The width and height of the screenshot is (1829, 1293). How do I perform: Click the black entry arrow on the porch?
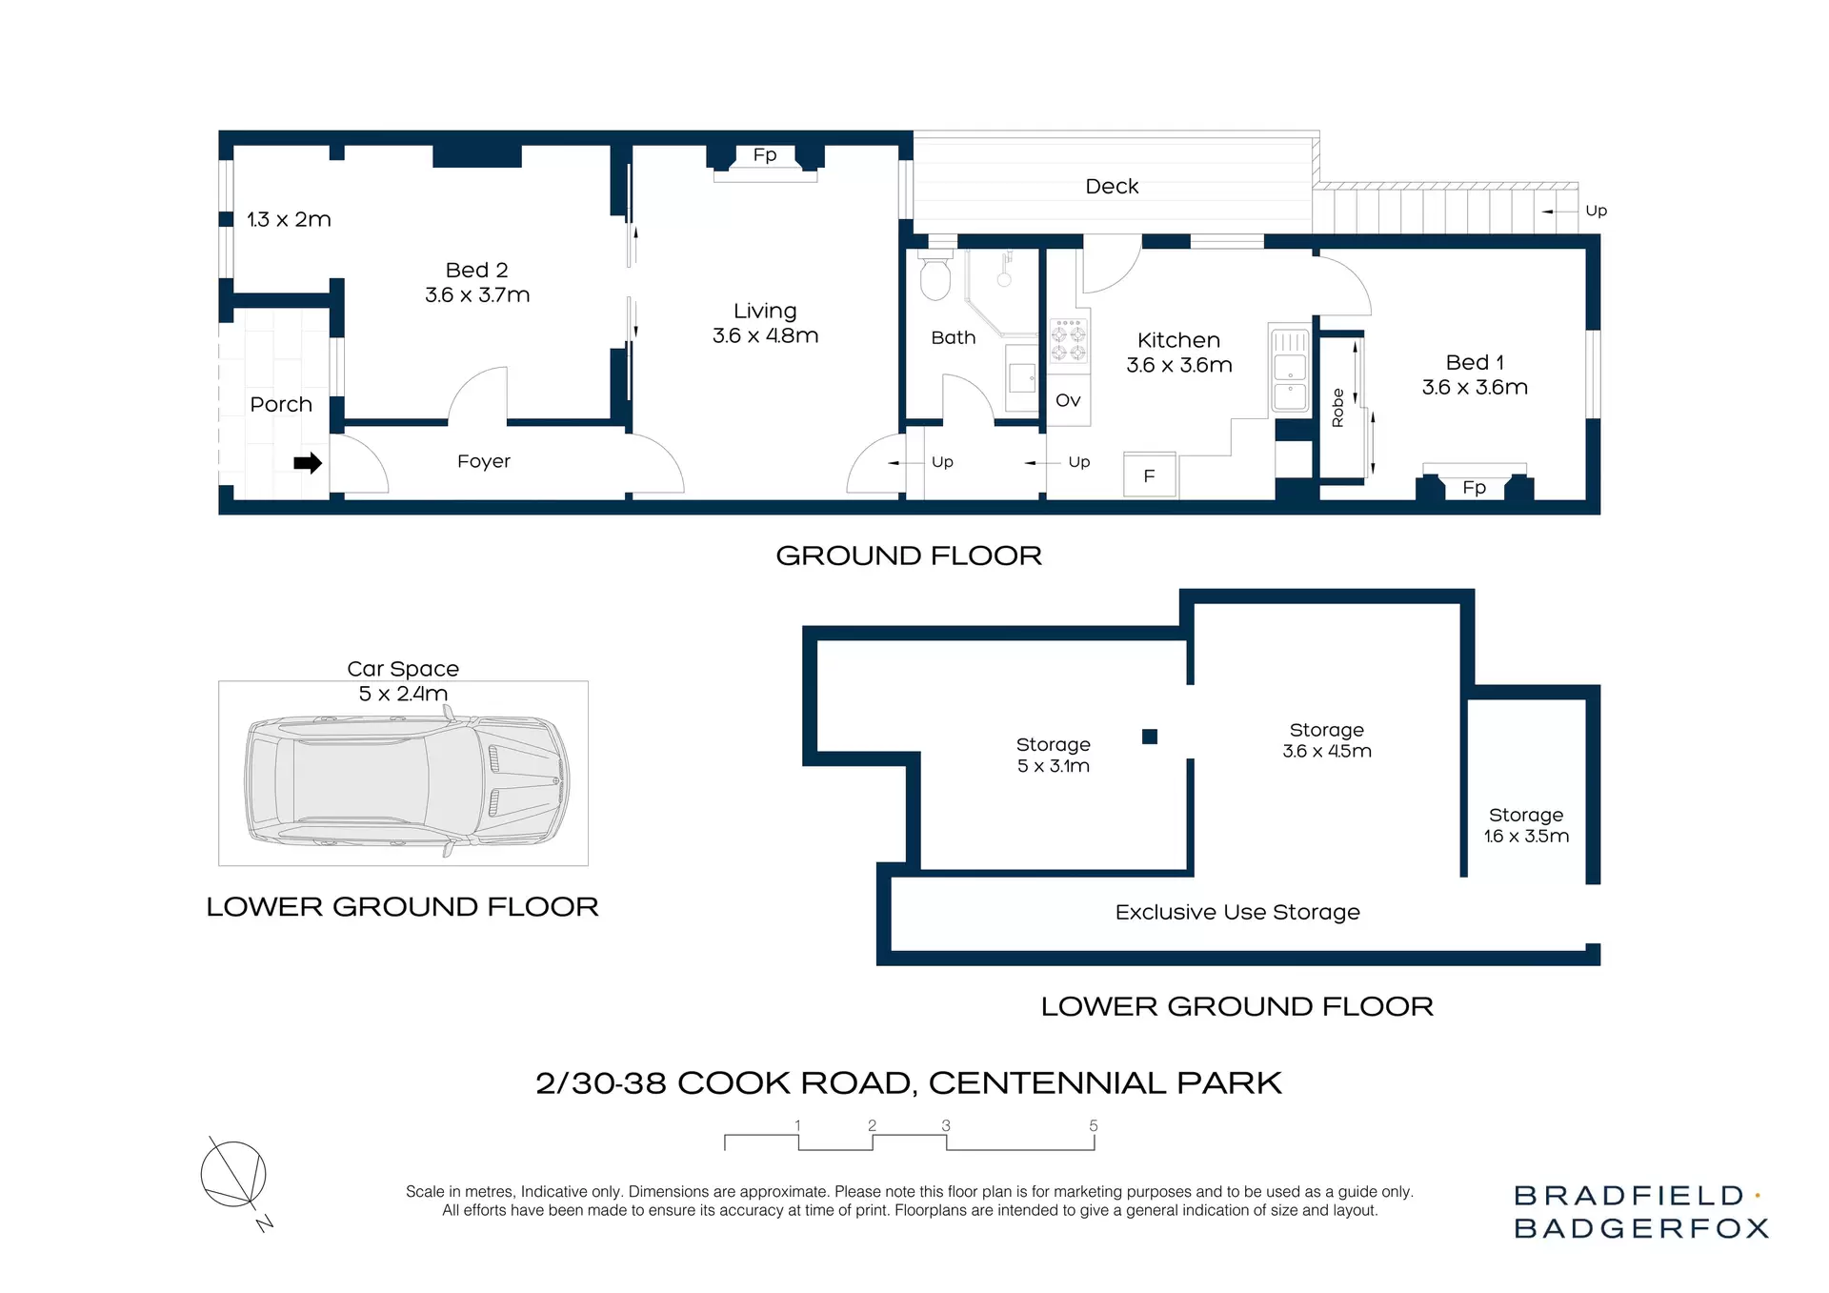point(307,463)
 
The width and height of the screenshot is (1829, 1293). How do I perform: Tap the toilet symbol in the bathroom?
point(935,276)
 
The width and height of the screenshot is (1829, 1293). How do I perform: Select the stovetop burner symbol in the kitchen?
point(1068,342)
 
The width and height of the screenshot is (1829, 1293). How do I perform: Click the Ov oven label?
point(1068,400)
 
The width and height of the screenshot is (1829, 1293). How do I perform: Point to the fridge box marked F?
point(1149,475)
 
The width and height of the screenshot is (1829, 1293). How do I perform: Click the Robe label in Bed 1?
point(1337,408)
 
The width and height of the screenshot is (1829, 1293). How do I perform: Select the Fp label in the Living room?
point(765,154)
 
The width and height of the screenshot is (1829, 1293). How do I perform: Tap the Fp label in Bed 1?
point(1474,488)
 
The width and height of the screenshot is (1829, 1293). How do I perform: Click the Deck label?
point(1112,187)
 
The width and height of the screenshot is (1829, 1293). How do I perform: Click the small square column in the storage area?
point(1150,737)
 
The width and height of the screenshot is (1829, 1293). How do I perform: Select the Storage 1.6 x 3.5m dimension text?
point(1526,836)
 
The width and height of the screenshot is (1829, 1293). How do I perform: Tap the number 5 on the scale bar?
point(1094,1125)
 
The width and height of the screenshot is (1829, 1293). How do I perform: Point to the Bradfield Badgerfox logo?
point(1640,1212)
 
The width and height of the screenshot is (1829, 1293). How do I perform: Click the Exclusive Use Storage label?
point(1237,912)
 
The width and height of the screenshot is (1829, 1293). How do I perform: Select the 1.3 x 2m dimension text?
point(289,219)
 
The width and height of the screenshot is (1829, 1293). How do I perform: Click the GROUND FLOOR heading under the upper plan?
point(909,556)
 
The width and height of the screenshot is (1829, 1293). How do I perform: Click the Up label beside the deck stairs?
point(1596,211)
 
